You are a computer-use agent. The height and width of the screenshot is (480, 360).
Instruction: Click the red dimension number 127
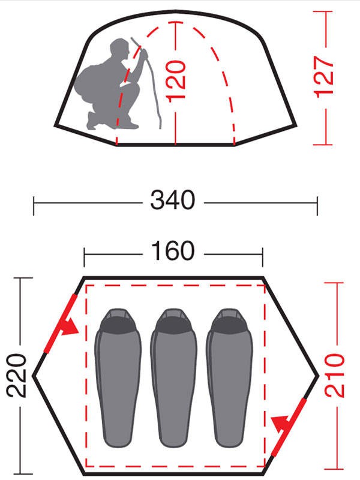[324, 77]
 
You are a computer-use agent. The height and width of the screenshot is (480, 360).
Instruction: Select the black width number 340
[173, 200]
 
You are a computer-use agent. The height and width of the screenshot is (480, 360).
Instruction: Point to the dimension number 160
[173, 251]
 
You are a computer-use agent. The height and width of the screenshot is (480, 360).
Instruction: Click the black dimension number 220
[16, 376]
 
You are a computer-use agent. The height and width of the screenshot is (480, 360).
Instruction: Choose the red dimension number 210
[334, 376]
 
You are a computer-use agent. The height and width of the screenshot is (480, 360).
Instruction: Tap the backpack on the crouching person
[87, 81]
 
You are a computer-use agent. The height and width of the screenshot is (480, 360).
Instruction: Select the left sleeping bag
[118, 379]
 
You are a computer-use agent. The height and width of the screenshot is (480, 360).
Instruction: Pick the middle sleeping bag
[173, 379]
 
